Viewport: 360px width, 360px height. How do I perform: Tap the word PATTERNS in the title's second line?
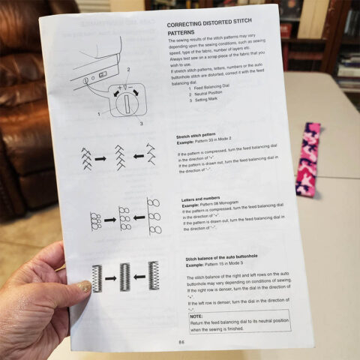pyautogui.click(x=180, y=34)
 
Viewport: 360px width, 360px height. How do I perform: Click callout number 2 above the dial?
pyautogui.click(x=128, y=68)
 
